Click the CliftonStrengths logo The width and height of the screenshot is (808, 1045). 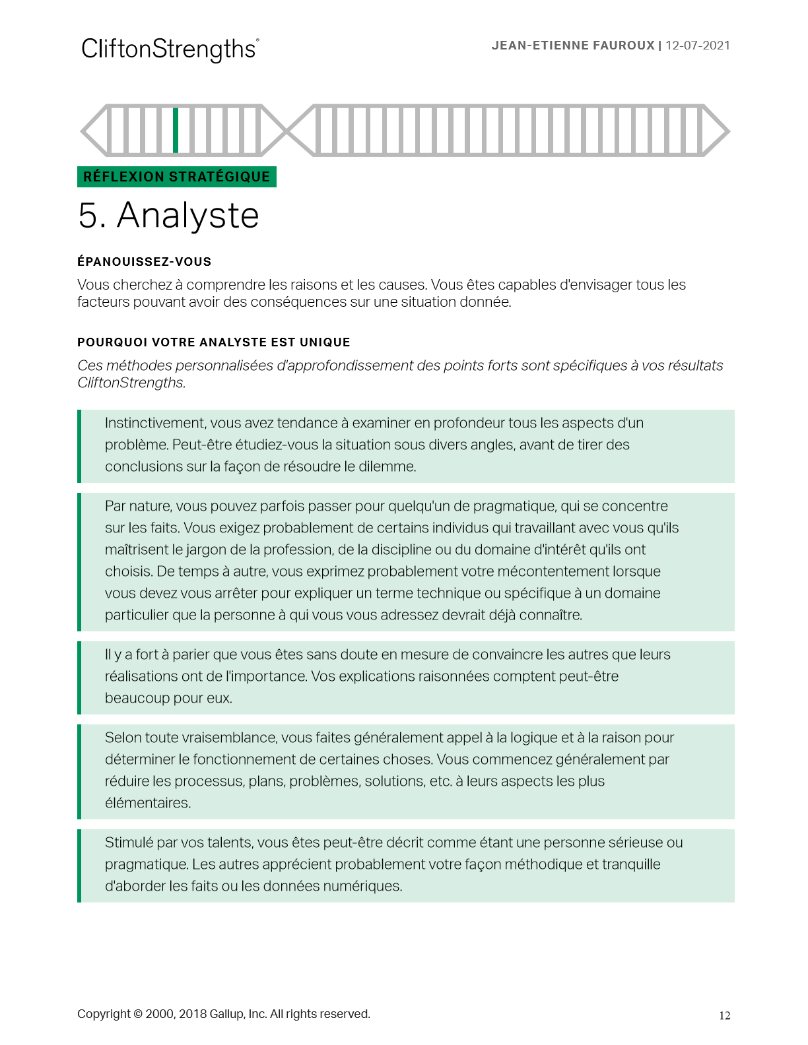point(170,49)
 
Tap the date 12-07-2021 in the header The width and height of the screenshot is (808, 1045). point(698,46)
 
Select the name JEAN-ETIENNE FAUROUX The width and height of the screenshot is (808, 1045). point(573,46)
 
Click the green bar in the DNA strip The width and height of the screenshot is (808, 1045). point(176,131)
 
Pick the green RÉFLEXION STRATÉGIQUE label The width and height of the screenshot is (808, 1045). point(177,177)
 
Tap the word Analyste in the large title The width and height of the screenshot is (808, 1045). point(188,216)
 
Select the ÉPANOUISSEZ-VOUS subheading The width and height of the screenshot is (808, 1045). point(144,262)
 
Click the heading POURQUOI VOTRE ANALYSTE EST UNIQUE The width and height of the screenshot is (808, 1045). point(213,342)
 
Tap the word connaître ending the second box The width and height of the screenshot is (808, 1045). point(551,615)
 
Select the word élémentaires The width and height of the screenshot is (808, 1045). point(148,803)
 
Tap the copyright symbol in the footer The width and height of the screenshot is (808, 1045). point(138,1014)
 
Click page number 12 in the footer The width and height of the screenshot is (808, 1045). point(724,1016)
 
